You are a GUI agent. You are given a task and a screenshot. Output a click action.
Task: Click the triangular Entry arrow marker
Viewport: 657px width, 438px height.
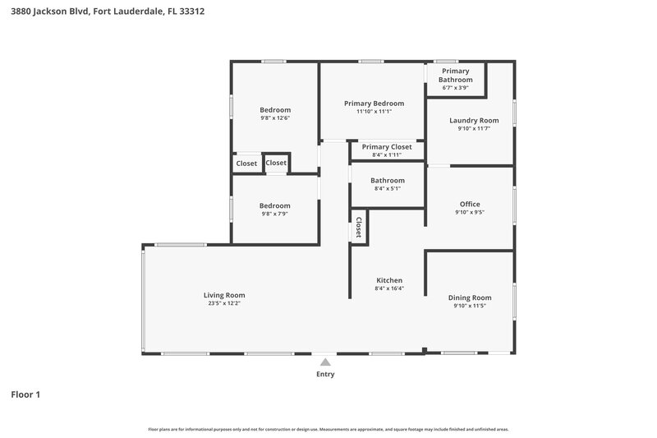[x=325, y=362]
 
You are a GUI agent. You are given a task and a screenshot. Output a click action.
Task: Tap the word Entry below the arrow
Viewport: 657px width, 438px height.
[x=325, y=375]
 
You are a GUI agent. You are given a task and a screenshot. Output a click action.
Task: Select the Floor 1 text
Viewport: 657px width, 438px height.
[x=25, y=395]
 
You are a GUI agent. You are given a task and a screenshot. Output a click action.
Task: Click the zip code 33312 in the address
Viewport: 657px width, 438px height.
[x=190, y=12]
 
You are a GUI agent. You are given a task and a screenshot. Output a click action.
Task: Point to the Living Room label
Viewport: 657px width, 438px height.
[x=224, y=295]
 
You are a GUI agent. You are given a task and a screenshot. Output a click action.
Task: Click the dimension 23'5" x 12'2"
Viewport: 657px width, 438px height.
[x=224, y=304]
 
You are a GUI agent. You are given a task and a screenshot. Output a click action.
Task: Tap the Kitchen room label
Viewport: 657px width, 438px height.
[x=388, y=280]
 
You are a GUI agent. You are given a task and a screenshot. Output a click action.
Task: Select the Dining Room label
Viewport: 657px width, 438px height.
[x=470, y=297]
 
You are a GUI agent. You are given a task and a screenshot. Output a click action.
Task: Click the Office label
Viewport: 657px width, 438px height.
[x=470, y=204]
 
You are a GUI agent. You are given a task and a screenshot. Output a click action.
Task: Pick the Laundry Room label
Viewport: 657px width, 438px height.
[x=474, y=120]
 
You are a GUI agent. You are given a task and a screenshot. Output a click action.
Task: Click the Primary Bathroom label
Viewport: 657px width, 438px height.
[x=456, y=76]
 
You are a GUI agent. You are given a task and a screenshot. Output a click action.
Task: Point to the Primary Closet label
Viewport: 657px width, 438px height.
[x=387, y=146]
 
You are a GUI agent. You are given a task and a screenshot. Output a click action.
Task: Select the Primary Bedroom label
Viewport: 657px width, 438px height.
[x=374, y=104]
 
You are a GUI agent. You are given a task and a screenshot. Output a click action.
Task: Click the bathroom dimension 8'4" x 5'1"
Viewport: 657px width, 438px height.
[x=387, y=189]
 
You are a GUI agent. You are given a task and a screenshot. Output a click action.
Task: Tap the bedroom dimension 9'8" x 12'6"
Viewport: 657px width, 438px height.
[x=275, y=118]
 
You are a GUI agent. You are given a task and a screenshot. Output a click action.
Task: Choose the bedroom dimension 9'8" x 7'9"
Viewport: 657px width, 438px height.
[x=274, y=214]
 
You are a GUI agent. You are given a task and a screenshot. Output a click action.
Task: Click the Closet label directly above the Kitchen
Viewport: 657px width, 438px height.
[x=359, y=228]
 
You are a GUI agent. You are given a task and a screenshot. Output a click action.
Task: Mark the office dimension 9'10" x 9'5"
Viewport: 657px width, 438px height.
[x=470, y=213]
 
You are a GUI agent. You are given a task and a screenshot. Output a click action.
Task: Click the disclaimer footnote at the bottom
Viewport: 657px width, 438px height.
[x=328, y=429]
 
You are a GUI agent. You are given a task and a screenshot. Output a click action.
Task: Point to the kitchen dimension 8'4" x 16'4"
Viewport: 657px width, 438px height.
[x=388, y=289]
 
